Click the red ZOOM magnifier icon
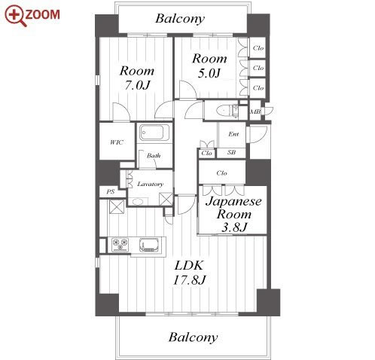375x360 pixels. coord(15,16)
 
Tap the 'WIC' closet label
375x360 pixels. coord(117,142)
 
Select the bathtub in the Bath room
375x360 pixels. coord(152,133)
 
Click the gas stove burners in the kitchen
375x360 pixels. coord(120,245)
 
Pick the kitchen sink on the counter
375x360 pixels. coord(150,245)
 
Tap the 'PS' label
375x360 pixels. coord(111,192)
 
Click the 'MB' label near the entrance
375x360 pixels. coord(255,111)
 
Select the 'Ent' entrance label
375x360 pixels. coord(233,134)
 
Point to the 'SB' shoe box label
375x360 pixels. coord(231,152)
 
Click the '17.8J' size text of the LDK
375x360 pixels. coord(190,279)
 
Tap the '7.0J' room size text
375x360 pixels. coord(137,85)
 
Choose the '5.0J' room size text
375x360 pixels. coord(209,73)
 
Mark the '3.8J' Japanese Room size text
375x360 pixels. coord(233,227)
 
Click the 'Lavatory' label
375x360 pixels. coord(151,184)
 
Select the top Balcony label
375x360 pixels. coord(180,19)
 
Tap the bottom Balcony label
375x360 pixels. coord(193,337)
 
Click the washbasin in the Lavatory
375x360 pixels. coord(137,202)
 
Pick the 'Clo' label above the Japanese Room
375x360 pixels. coord(221,173)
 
